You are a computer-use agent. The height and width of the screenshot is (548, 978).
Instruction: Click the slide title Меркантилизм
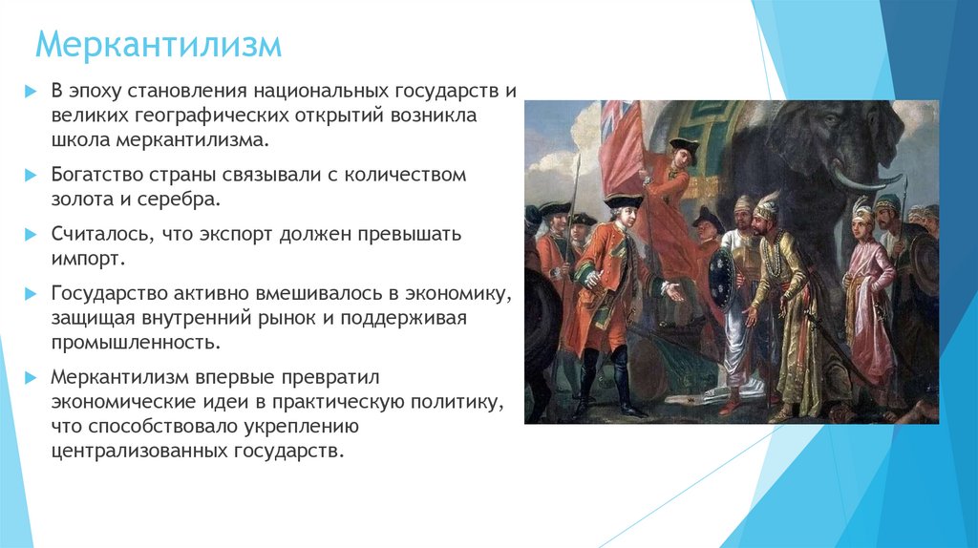[x=159, y=45]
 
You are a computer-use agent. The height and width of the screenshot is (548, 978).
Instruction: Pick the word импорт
[x=87, y=258]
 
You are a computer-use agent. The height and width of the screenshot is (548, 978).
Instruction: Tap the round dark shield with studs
[x=722, y=278]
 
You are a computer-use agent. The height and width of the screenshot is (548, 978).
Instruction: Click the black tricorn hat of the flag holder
[x=684, y=144]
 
